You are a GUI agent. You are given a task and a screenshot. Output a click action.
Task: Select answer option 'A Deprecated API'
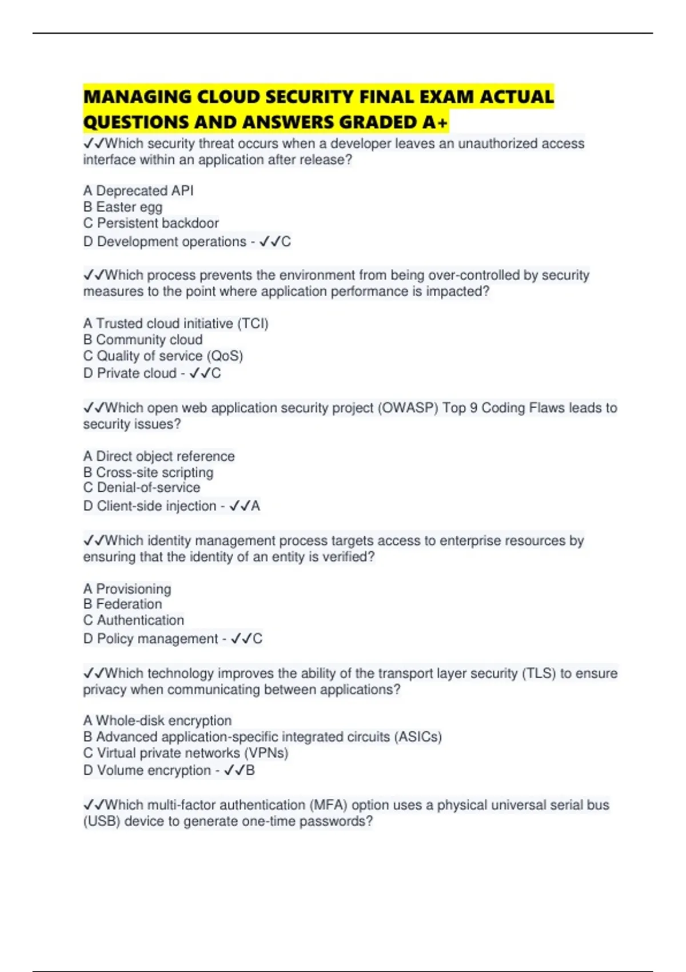coord(138,190)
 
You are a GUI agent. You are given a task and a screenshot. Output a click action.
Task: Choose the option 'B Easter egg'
coord(123,207)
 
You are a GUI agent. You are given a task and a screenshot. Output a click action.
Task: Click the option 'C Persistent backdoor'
coord(151,223)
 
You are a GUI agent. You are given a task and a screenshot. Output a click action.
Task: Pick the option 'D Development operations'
coord(165,242)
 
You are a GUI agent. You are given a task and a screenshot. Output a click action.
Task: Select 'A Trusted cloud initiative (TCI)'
coord(176,324)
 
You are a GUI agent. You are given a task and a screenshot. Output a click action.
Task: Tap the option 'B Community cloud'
coord(143,340)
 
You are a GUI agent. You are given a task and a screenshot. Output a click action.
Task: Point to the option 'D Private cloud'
coord(130,373)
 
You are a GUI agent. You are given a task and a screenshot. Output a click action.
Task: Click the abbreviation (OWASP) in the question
coord(408,408)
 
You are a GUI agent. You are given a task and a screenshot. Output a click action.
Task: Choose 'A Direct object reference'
coord(159,456)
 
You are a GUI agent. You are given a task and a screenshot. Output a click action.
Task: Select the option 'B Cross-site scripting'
coord(148,472)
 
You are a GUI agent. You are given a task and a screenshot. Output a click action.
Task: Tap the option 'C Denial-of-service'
coord(142,488)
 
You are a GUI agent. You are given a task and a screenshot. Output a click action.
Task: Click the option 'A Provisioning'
coord(127,589)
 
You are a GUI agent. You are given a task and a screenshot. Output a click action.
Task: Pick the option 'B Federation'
coord(122,604)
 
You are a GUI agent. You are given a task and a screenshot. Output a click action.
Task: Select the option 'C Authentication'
coord(134,620)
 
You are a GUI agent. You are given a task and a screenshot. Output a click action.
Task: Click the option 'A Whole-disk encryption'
coord(157,720)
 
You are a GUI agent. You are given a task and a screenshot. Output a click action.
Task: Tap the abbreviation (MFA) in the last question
coord(329,805)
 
